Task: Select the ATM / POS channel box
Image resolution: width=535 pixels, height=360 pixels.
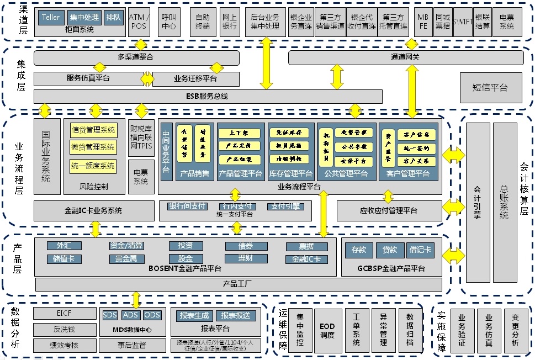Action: click(138, 22)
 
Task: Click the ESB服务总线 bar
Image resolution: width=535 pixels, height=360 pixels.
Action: click(207, 97)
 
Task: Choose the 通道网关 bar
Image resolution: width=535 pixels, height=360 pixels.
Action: click(406, 57)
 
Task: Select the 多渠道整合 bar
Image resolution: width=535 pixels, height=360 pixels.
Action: click(136, 57)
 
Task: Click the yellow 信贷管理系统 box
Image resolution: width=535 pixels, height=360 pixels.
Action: click(93, 130)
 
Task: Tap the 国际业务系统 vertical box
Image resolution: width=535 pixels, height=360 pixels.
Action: click(47, 156)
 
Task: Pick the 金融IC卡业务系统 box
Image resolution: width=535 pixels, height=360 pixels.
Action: click(93, 210)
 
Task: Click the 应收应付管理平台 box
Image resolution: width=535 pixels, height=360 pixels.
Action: click(389, 210)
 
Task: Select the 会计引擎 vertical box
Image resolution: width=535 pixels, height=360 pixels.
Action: click(478, 203)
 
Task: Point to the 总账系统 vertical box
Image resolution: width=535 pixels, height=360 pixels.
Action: click(504, 203)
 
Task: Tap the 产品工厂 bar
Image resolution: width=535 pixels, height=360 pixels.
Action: click(238, 284)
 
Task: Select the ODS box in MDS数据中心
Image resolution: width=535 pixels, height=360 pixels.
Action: click(152, 315)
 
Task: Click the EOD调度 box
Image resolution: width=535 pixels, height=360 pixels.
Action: click(327, 331)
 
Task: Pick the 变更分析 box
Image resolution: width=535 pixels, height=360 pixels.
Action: click(515, 331)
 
